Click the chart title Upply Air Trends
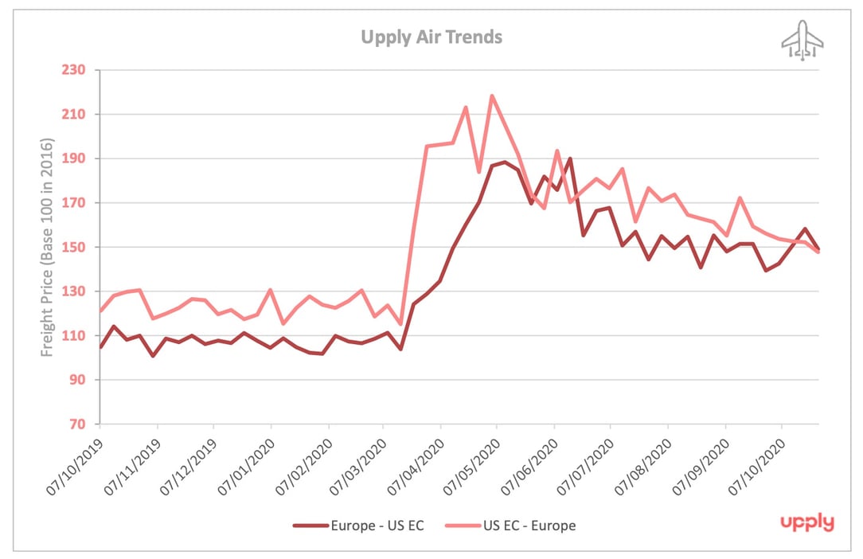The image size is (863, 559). coord(431,37)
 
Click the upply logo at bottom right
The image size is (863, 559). coord(806,523)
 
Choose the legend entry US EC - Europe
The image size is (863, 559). coord(528,525)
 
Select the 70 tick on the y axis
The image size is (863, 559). coord(76,424)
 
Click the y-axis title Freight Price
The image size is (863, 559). coord(48,247)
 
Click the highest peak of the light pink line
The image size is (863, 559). coord(492,96)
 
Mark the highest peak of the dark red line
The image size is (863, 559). coord(571,158)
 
